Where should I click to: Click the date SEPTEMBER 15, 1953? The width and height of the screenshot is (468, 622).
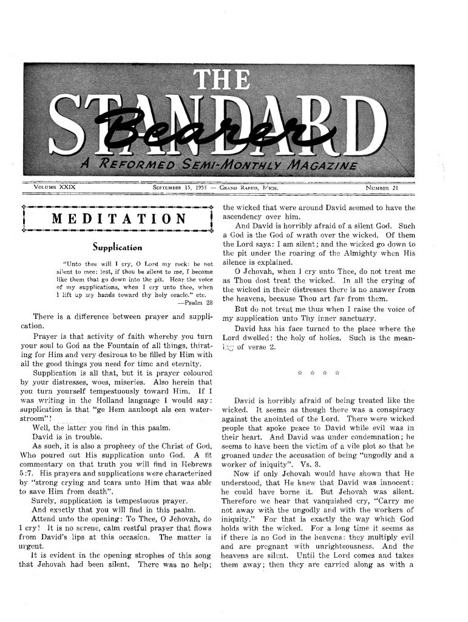[180, 188]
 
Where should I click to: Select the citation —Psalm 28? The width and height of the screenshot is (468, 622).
[195, 302]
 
